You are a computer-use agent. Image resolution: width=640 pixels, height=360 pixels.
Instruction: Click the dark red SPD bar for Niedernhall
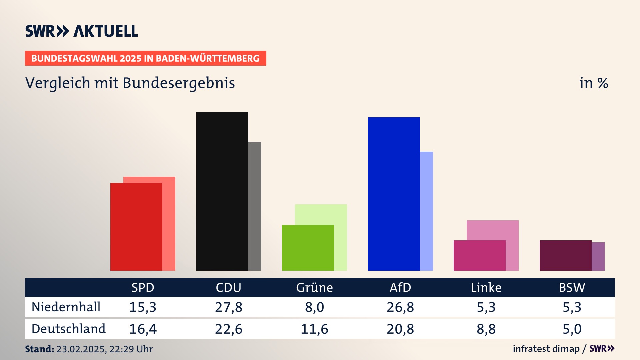click(136, 227)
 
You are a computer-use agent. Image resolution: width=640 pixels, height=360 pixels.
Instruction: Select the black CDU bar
click(222, 191)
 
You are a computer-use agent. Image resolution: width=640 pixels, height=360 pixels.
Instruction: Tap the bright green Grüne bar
click(308, 248)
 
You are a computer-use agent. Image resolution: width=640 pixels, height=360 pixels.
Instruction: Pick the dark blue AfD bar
click(394, 194)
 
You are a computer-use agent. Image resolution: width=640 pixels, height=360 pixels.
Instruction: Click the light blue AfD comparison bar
click(426, 211)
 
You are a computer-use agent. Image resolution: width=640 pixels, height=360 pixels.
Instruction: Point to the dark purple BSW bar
click(565, 255)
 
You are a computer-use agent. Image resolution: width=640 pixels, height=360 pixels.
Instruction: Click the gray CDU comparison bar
click(255, 206)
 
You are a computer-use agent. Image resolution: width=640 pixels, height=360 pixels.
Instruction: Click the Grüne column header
click(314, 288)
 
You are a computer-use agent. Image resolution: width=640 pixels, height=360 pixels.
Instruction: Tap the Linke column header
click(486, 288)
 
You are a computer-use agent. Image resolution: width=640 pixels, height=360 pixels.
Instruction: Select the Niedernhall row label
click(66, 307)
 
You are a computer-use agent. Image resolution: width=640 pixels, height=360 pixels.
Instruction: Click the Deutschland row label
click(68, 329)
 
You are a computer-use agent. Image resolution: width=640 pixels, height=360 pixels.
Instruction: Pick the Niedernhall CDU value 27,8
click(229, 307)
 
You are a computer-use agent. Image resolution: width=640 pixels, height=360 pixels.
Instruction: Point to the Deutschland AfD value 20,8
click(400, 329)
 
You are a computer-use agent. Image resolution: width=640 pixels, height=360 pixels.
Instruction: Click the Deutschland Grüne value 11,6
click(314, 329)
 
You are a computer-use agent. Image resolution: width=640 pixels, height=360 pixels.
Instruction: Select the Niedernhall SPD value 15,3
click(143, 307)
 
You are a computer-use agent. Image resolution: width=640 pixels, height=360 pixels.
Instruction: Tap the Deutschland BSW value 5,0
click(572, 329)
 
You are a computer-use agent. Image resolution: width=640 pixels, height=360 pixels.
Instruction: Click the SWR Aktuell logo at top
click(82, 31)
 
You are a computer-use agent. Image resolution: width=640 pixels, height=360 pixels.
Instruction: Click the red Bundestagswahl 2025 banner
click(145, 58)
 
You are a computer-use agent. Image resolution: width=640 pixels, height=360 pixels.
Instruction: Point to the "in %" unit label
click(594, 83)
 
